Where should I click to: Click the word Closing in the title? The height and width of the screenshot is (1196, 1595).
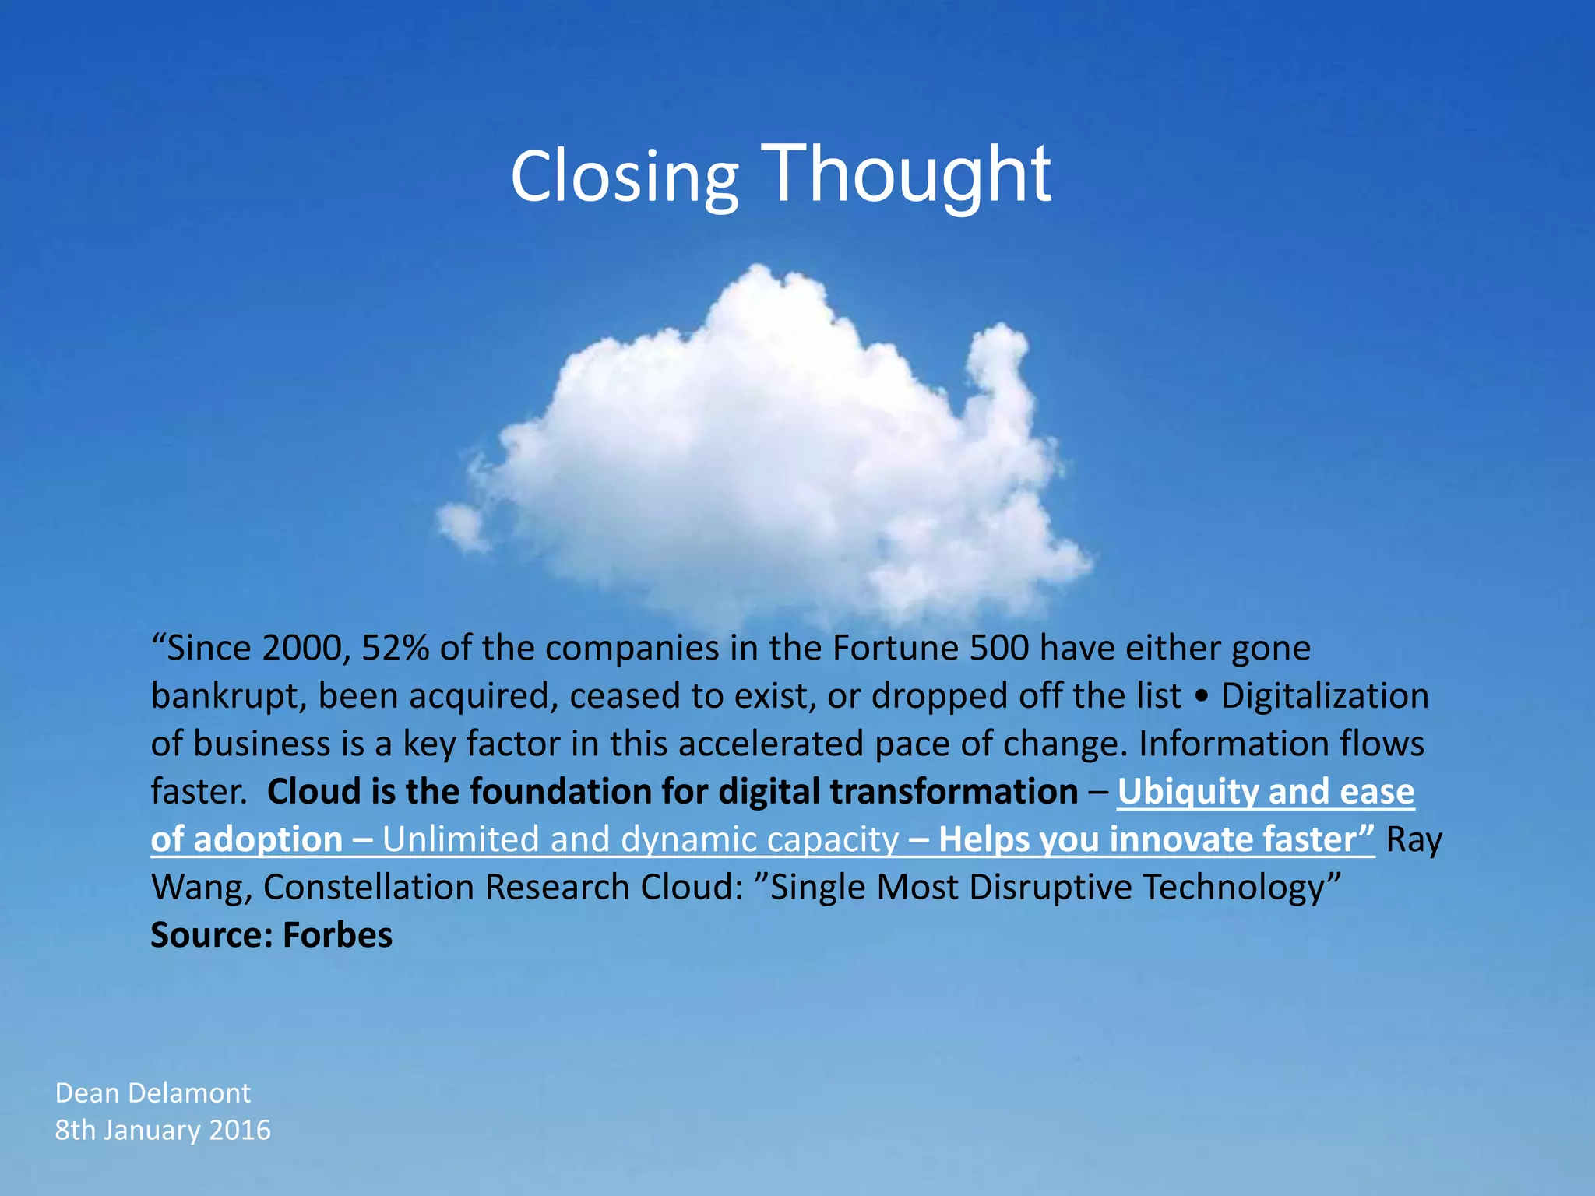tap(624, 177)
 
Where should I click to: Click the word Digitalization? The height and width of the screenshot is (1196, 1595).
tap(1325, 696)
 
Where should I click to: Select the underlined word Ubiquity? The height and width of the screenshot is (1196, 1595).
tap(1188, 792)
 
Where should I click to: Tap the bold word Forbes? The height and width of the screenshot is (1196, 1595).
tap(337, 935)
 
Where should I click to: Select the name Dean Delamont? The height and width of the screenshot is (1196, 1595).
tap(153, 1093)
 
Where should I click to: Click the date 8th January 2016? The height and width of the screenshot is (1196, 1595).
tap(163, 1130)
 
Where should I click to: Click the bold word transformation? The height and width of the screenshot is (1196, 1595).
tap(953, 792)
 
